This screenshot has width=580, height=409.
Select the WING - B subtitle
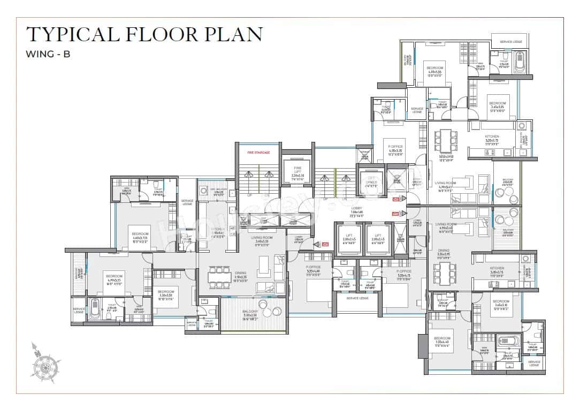click(48, 54)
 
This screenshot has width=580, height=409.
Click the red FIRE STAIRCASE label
click(258, 153)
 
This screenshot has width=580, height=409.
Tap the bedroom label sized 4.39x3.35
click(434, 70)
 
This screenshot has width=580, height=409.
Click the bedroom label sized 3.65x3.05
click(497, 104)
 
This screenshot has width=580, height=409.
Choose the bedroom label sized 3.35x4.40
click(442, 340)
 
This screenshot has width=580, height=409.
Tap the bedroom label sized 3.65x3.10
click(500, 303)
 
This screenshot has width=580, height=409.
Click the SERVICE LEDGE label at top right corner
click(510, 42)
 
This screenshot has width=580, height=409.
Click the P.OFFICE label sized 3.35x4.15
click(396, 273)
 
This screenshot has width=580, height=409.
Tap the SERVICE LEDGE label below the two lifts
click(357, 298)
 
